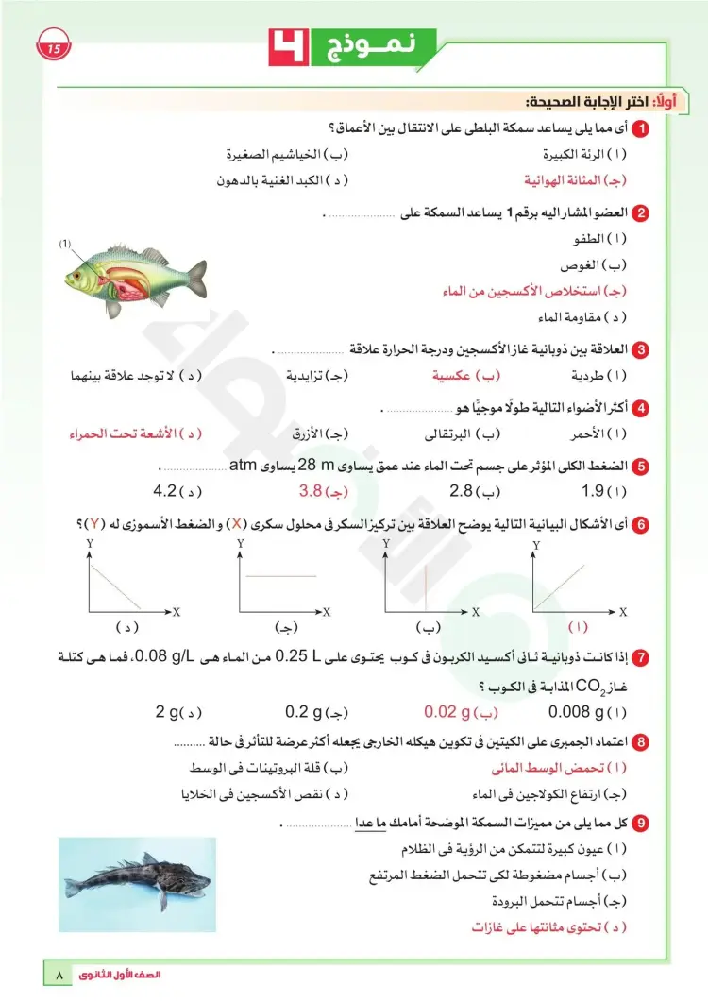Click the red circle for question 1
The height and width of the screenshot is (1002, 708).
pos(641,128)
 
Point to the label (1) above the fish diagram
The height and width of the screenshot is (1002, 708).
pos(66,244)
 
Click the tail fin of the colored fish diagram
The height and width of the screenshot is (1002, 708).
pos(196,276)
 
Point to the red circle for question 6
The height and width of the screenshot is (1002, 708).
pos(641,525)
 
